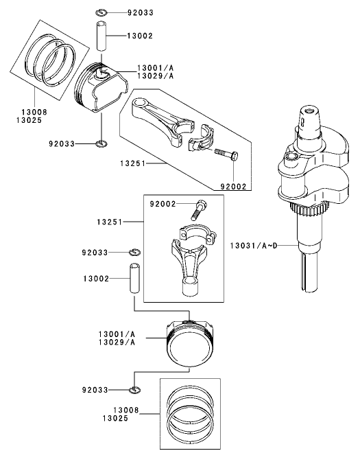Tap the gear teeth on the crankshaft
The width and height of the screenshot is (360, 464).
pyautogui.click(x=304, y=209)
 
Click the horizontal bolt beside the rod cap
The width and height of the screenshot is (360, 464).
pyautogui.click(x=226, y=153)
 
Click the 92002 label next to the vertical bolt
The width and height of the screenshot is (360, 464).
pyautogui.click(x=164, y=204)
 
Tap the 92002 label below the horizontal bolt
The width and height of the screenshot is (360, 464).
pyautogui.click(x=233, y=186)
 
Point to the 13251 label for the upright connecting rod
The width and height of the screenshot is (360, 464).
pyautogui.click(x=110, y=222)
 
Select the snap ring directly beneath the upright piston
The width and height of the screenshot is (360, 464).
pyautogui.click(x=135, y=390)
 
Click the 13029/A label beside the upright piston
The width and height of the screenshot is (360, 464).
pyautogui.click(x=116, y=342)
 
